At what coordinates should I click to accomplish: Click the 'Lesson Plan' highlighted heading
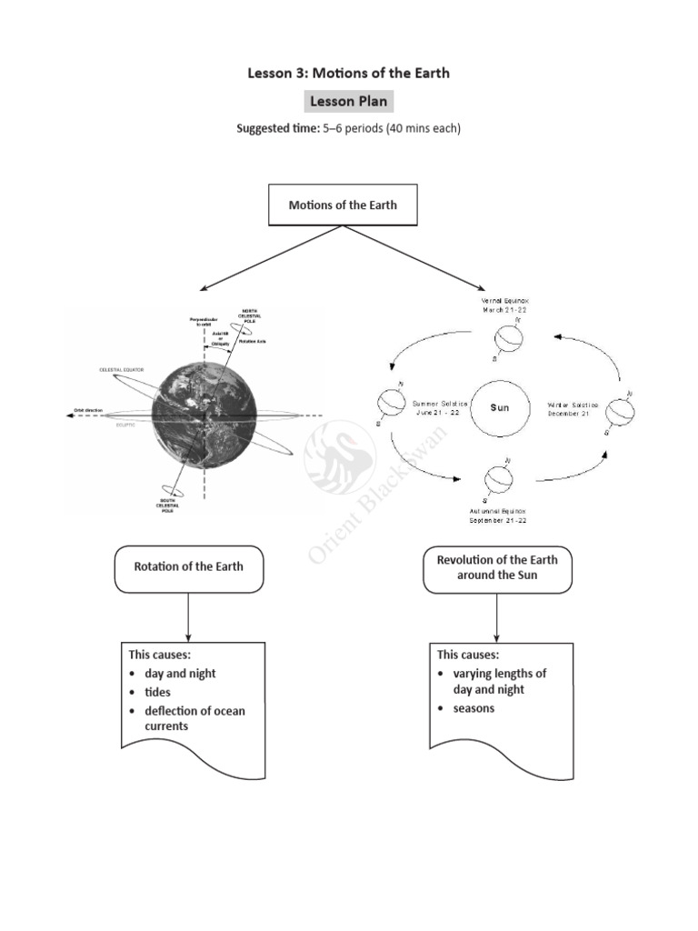[349, 101]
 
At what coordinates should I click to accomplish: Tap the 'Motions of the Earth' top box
[343, 205]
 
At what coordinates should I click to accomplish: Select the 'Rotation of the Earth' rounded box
[188, 566]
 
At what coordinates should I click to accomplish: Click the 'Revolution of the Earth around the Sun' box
[497, 566]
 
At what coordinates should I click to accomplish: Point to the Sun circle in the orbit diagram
[500, 407]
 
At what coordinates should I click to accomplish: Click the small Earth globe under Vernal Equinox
[508, 340]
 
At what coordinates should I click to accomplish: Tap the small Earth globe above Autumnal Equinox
[498, 476]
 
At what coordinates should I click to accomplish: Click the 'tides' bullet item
[158, 692]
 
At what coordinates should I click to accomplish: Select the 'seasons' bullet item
[474, 707]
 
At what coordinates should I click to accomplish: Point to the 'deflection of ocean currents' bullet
[194, 718]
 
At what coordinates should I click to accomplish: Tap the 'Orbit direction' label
[92, 413]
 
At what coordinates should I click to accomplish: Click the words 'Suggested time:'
[277, 128]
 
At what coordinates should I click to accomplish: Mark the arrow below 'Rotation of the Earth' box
[188, 618]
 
